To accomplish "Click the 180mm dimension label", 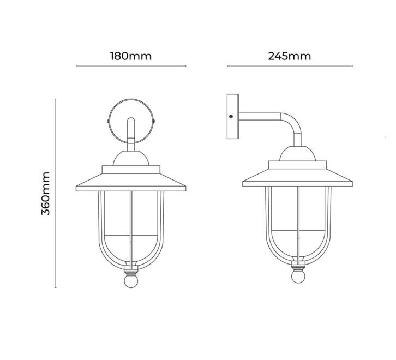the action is pyautogui.click(x=131, y=56).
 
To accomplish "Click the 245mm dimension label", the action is pyautogui.click(x=290, y=56).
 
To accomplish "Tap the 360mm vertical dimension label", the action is pyautogui.click(x=45, y=193).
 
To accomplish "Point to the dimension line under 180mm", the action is pyautogui.click(x=131, y=66).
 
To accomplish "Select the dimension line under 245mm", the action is pyautogui.click(x=290, y=66).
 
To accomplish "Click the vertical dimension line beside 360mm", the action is pyautogui.click(x=56, y=193).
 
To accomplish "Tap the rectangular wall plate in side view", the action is pyautogui.click(x=233, y=117).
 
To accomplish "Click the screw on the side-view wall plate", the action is pyautogui.click(x=231, y=117).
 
